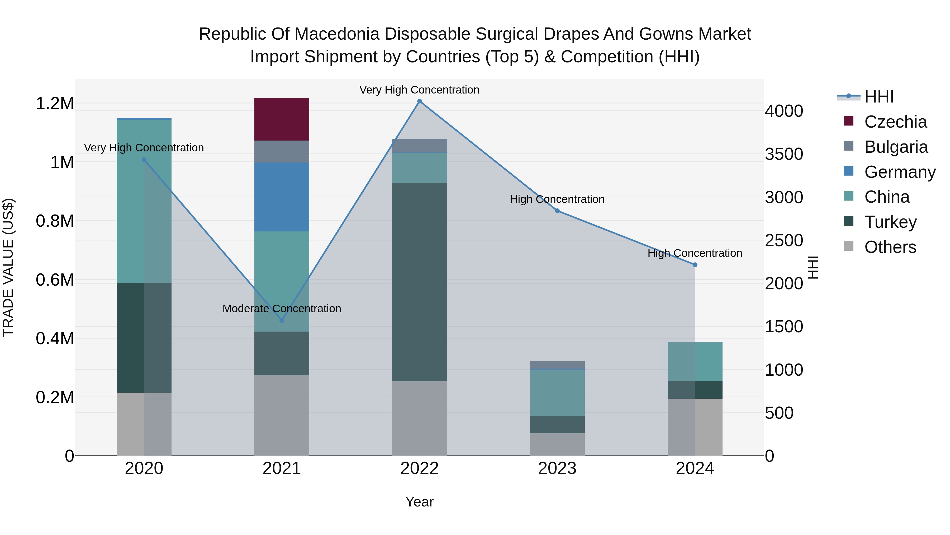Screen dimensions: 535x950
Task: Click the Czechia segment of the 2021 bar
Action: (282, 119)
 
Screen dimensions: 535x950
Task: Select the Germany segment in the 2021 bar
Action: (282, 197)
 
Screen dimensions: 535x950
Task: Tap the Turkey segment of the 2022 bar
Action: (419, 282)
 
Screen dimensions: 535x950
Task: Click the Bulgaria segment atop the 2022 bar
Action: (419, 146)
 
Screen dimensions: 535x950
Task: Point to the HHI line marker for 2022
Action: (419, 101)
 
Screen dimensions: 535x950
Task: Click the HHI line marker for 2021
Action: (282, 320)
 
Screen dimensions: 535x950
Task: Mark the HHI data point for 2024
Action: (695, 265)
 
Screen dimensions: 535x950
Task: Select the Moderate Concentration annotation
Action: (282, 308)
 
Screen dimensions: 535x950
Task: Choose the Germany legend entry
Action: (900, 172)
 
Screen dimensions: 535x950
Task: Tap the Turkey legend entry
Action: (890, 222)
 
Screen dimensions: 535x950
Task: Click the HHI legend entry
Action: (878, 97)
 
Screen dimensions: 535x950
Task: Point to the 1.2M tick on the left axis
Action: (55, 103)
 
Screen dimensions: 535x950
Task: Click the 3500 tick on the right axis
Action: (784, 154)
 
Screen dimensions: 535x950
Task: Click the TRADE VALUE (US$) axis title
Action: (8, 267)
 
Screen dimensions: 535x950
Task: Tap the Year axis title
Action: (419, 502)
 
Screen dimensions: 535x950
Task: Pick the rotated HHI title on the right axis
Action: (813, 267)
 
